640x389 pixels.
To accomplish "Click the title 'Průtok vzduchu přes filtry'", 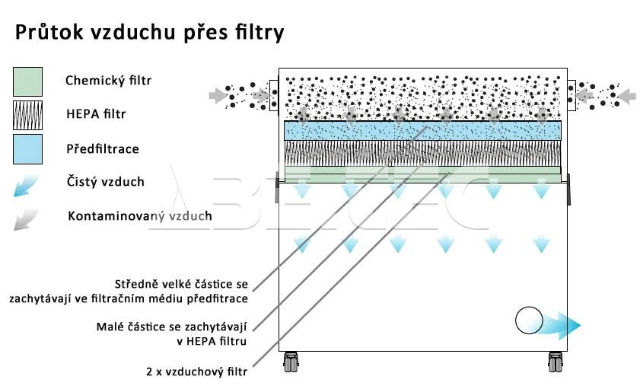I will (x=149, y=33).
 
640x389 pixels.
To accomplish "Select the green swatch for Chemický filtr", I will (x=28, y=81).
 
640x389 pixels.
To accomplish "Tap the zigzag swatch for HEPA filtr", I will (x=28, y=115).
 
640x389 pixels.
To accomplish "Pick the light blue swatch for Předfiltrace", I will (x=28, y=149).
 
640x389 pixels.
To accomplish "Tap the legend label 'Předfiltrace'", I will (x=102, y=148).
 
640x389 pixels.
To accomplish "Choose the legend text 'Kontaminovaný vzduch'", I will (x=139, y=216).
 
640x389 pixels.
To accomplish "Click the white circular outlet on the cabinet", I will (x=527, y=321).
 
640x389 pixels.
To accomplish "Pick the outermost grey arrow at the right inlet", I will (x=626, y=96).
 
